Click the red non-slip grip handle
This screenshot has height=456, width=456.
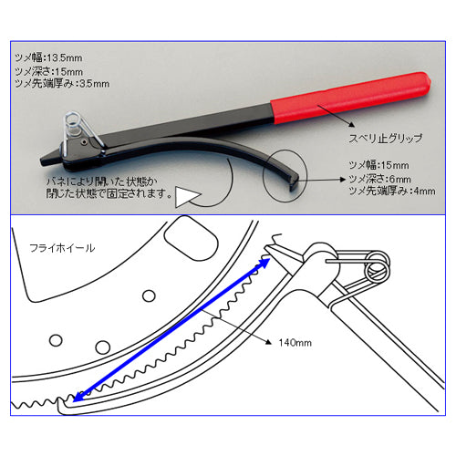click(x=349, y=98)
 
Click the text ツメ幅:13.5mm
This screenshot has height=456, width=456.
click(x=48, y=57)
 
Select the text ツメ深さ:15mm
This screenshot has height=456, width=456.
click(x=48, y=72)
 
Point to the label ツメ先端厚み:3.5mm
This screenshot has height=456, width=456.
click(x=62, y=84)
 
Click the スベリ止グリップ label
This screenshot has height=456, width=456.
click(x=386, y=139)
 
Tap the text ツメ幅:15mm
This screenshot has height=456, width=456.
click(x=378, y=165)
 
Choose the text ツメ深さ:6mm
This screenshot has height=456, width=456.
click(x=379, y=179)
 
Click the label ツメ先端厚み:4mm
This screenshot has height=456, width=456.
click(x=392, y=191)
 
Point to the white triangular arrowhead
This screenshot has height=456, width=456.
click(x=185, y=197)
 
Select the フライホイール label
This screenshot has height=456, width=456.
click(x=62, y=248)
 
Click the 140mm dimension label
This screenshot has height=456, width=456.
click(x=295, y=343)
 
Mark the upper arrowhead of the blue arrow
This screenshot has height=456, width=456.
click(x=264, y=263)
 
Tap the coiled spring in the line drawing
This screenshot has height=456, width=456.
click(x=378, y=267)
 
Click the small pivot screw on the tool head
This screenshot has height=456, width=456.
click(x=84, y=141)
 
